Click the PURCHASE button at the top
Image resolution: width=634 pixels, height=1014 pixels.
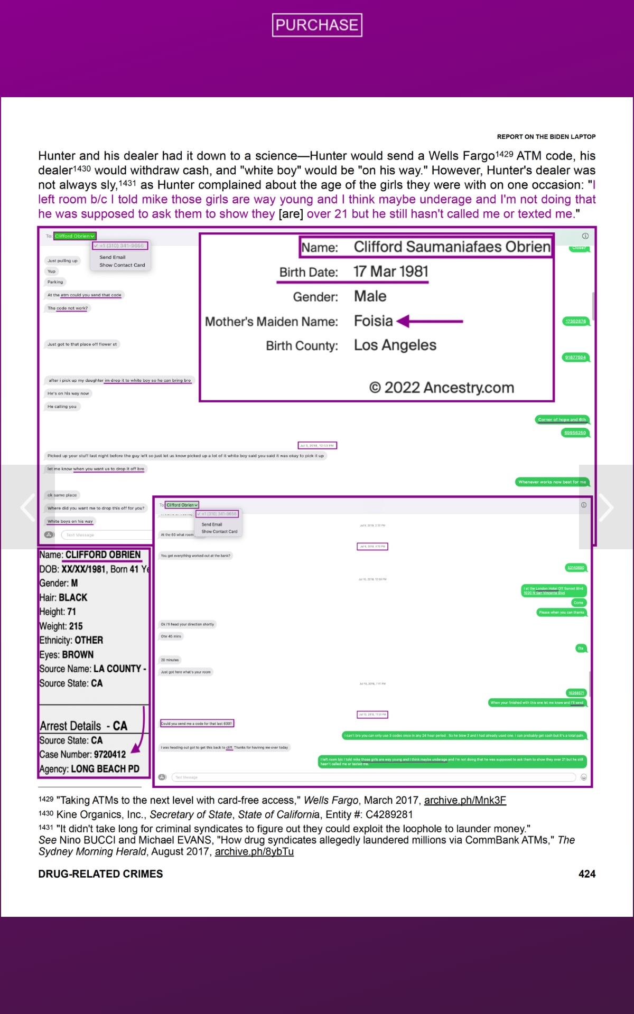[x=317, y=25]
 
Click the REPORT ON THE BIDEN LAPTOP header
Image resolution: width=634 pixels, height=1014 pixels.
[x=546, y=137]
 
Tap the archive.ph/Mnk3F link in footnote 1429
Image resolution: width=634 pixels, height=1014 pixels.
[x=465, y=800]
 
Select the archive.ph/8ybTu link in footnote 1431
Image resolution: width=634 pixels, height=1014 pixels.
[x=254, y=851]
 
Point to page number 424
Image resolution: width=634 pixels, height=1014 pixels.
[x=586, y=874]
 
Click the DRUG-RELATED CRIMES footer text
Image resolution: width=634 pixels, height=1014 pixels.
[x=100, y=874]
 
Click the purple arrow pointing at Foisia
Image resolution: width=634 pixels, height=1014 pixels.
[x=430, y=321]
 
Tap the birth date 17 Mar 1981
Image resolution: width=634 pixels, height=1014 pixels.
[x=391, y=271]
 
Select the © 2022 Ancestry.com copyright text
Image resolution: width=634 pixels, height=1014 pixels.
[x=441, y=388]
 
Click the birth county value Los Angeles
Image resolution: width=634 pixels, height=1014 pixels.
[x=395, y=345]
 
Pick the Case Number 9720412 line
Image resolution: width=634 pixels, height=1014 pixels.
[x=83, y=754]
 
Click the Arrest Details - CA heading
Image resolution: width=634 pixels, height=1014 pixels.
[x=83, y=726]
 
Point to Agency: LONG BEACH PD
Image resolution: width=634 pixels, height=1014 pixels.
[x=89, y=769]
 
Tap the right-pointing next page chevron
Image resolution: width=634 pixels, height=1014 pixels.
[x=606, y=507]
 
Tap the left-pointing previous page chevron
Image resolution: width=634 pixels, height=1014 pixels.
[x=27, y=507]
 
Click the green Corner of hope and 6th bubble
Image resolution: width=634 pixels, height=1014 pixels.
[x=562, y=420]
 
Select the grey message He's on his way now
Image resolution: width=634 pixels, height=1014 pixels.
[x=68, y=393]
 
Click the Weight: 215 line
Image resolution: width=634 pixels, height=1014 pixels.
[x=61, y=626]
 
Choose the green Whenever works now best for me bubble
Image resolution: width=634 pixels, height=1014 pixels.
[x=552, y=482]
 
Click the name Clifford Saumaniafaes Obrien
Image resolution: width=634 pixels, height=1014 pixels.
[x=452, y=247]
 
